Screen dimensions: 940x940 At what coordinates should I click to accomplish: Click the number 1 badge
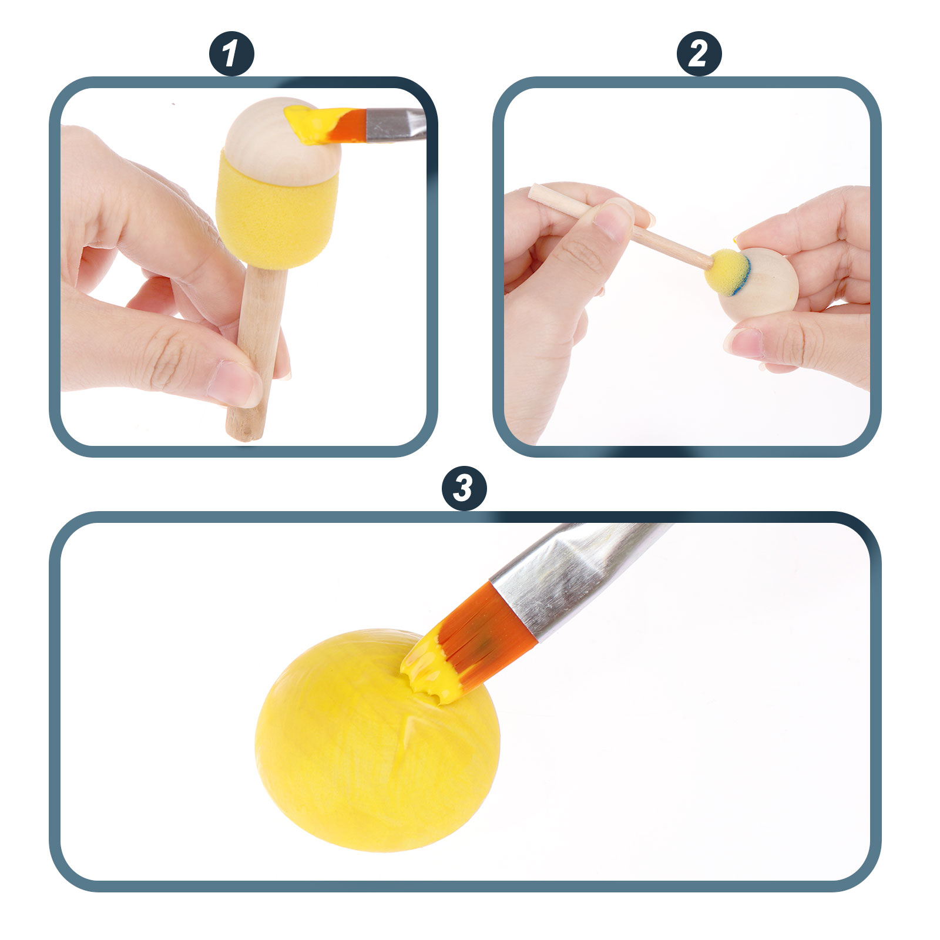(x=231, y=53)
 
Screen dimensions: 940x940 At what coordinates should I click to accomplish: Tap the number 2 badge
(x=699, y=53)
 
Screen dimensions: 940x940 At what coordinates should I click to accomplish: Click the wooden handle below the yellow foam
(x=258, y=352)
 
